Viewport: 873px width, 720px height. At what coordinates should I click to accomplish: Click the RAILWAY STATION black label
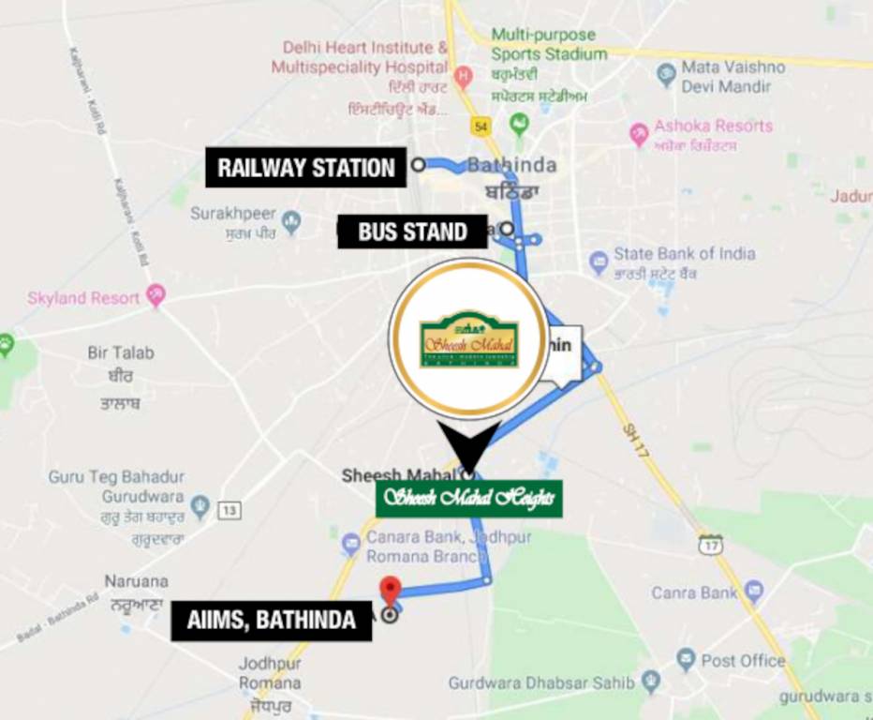click(306, 168)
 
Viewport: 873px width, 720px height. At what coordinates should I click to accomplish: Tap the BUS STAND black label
click(412, 232)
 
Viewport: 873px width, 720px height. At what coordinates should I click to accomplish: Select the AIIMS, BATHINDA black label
click(271, 620)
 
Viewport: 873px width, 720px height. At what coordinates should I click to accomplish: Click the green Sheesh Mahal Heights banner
click(469, 498)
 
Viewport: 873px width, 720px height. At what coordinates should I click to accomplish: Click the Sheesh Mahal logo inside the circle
click(468, 339)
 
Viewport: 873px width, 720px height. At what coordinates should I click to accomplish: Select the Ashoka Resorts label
click(713, 127)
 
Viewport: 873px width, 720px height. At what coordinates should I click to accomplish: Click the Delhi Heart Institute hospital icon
click(463, 75)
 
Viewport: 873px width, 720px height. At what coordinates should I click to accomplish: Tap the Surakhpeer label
click(233, 214)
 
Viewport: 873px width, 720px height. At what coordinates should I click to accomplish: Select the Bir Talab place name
click(121, 353)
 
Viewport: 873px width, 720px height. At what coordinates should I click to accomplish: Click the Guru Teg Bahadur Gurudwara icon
click(200, 507)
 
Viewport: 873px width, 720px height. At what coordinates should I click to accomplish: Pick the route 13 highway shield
click(229, 510)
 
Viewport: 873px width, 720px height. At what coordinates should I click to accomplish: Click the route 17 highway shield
click(711, 543)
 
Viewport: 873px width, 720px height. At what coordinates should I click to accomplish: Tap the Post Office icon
click(687, 659)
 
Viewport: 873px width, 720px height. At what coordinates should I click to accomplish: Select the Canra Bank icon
click(754, 592)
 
